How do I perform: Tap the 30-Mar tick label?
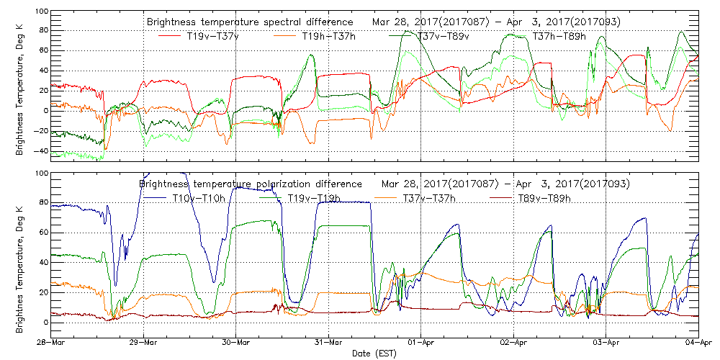coord(236,343)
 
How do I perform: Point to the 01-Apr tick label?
coord(421,343)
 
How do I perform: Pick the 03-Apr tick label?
coord(606,343)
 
